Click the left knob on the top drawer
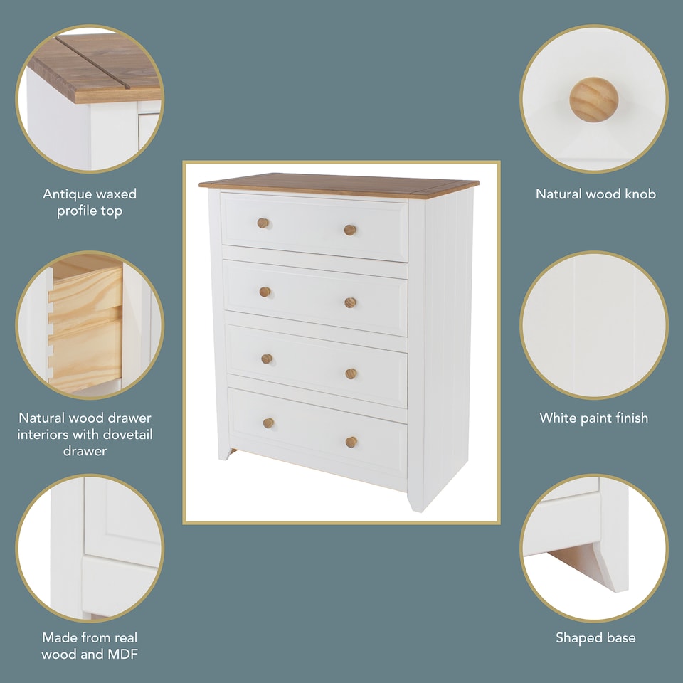pyautogui.click(x=263, y=223)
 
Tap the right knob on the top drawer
pyautogui.click(x=350, y=230)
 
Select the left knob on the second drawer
pyautogui.click(x=265, y=292)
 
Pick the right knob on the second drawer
pyautogui.click(x=350, y=302)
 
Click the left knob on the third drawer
pyautogui.click(x=267, y=359)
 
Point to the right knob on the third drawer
pyautogui.click(x=351, y=374)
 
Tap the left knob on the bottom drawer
pyautogui.click(x=268, y=423)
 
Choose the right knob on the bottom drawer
pyautogui.click(x=351, y=442)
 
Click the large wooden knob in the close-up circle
pyautogui.click(x=593, y=99)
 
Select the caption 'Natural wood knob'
pyautogui.click(x=595, y=194)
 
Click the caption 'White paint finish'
pyautogui.click(x=593, y=418)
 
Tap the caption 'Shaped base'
pyautogui.click(x=595, y=638)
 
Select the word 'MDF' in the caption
pyautogui.click(x=120, y=655)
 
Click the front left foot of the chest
pyautogui.click(x=223, y=452)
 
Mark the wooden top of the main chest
pyautogui.click(x=339, y=184)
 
